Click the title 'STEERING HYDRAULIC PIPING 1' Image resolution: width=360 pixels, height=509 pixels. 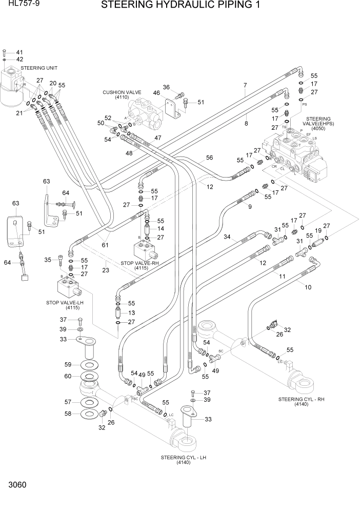181,6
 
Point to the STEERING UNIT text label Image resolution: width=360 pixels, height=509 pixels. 39,68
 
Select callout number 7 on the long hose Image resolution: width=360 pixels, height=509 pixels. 245,85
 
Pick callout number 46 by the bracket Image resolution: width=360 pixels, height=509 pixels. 156,93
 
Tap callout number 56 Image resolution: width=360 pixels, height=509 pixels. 209,158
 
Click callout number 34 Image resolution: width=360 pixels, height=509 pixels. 227,237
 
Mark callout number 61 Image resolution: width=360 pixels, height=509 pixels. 105,245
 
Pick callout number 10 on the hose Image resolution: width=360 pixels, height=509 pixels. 308,287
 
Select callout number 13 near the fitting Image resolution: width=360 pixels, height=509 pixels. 132,312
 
